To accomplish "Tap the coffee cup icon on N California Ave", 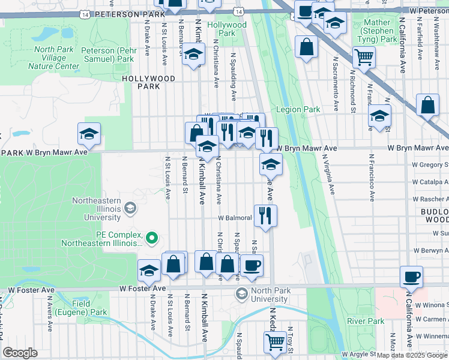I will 412,277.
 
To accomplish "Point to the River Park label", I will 366,321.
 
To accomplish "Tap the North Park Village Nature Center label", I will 54,58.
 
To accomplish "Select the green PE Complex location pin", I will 152,238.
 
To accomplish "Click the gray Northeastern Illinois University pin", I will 130,208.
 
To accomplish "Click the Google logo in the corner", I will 20,353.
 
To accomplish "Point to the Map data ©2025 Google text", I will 412,355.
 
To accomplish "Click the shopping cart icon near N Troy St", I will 275,342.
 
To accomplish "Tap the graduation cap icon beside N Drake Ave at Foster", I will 149,271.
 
